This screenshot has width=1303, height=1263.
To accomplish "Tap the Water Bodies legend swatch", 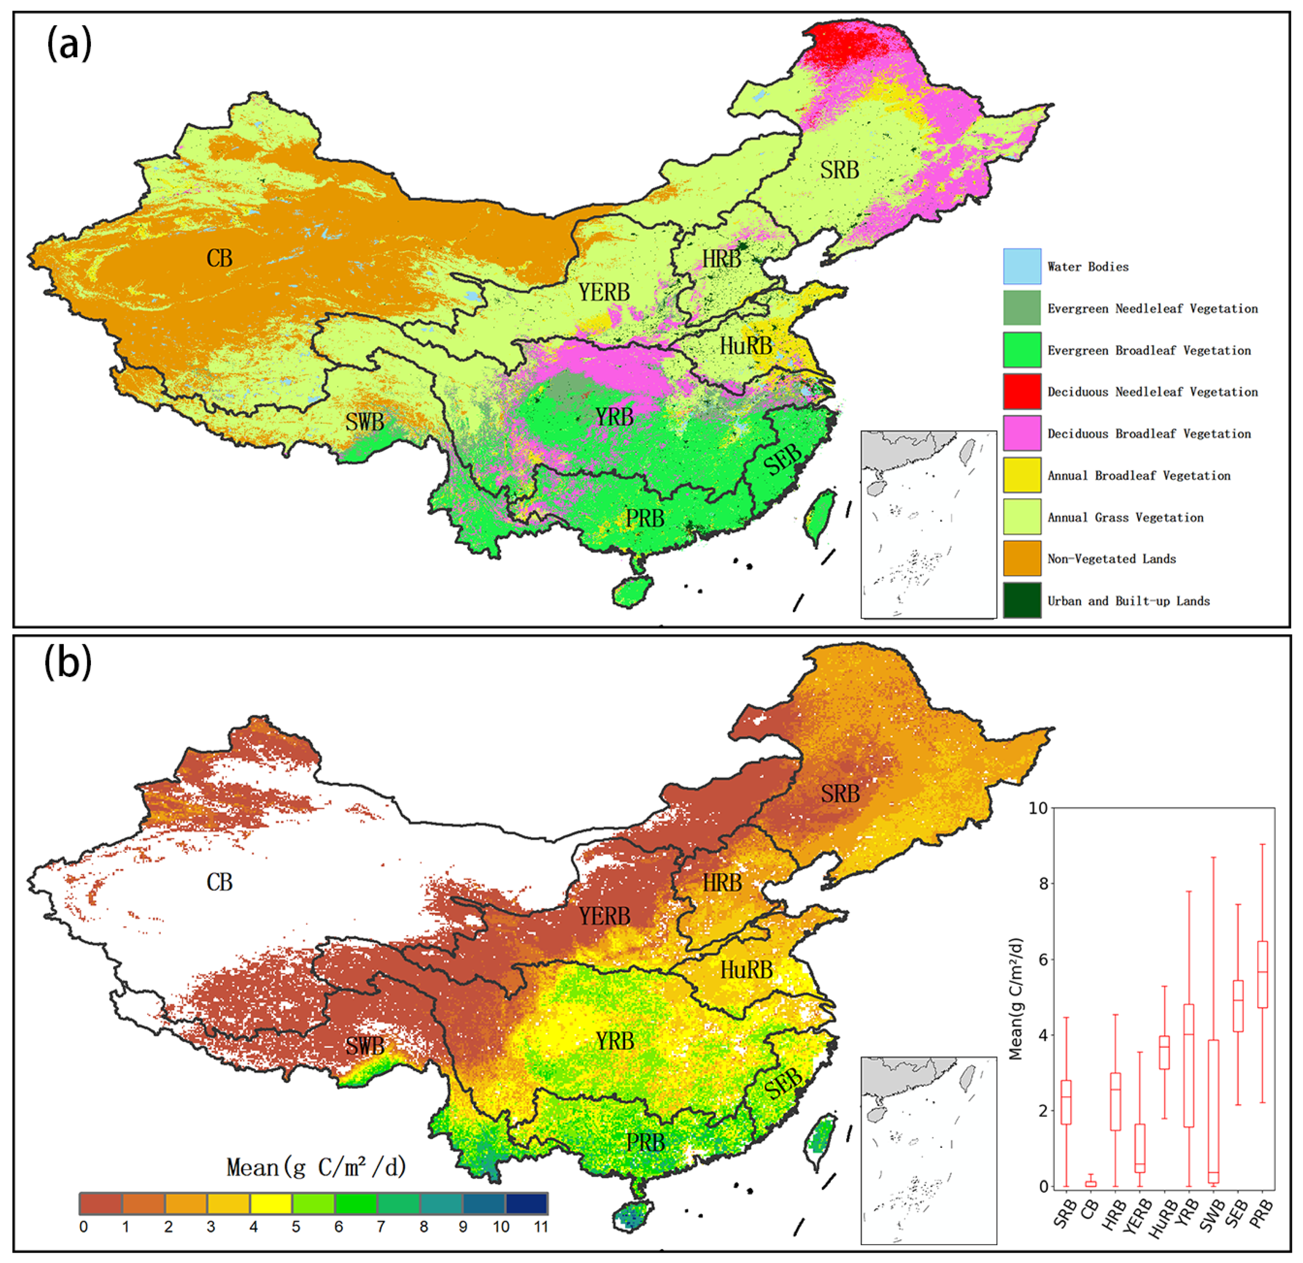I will click(1022, 266).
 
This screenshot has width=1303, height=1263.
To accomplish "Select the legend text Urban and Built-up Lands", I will click(1128, 600).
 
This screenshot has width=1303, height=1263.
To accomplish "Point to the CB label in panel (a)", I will click(220, 258).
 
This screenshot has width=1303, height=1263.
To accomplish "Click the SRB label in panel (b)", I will click(840, 794).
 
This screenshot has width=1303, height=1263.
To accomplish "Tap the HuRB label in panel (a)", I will click(746, 346).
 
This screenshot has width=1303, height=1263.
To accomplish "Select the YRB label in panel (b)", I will click(614, 1041).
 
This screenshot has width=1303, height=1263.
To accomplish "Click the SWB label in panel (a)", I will click(364, 422).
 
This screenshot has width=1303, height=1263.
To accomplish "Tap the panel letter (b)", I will click(67, 663).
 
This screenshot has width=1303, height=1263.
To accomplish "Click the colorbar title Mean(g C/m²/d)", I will click(316, 1167).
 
